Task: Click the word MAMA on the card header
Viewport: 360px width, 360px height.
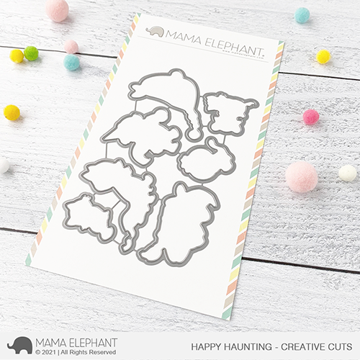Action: tap(182, 33)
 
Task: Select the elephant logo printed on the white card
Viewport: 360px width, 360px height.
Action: tap(155, 30)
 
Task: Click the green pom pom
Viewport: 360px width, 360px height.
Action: tap(31, 53)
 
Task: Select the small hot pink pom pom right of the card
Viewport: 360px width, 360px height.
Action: tap(311, 117)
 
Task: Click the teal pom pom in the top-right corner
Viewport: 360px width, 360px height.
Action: tap(302, 14)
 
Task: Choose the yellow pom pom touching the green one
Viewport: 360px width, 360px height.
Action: tap(17, 55)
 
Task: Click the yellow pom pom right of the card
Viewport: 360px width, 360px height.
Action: tap(324, 56)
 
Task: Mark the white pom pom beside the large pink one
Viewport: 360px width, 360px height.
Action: tap(348, 173)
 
